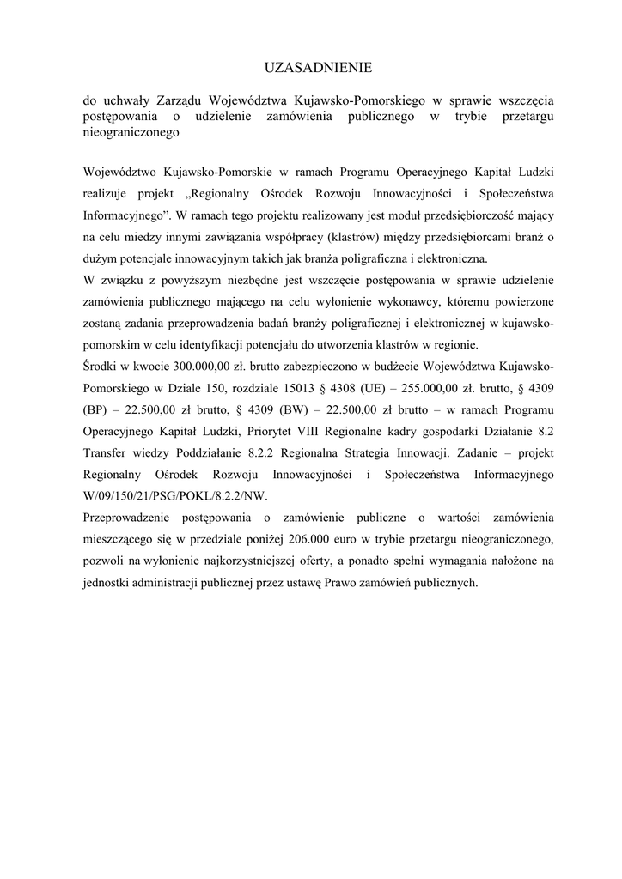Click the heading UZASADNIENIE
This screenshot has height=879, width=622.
(310, 66)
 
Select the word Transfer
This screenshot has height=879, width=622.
(105, 452)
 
